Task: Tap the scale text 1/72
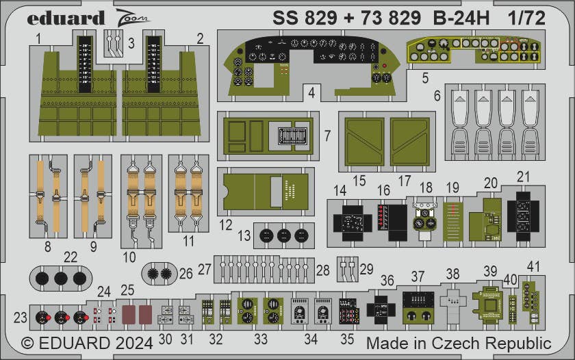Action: [x=527, y=18]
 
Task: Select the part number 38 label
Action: [x=452, y=274]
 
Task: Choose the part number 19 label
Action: [x=452, y=187]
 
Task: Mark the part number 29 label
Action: [x=367, y=269]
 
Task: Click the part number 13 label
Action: [x=244, y=236]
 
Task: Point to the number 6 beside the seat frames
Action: [x=437, y=97]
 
